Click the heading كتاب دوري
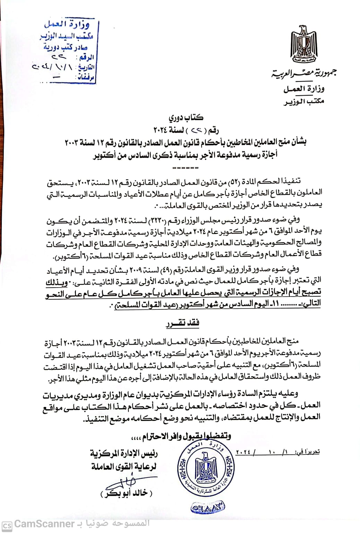click(186, 117)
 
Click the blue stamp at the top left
click(68, 51)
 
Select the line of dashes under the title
click(185, 168)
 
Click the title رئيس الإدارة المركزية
click(124, 453)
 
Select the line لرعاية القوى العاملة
click(124, 466)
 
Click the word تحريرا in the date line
click(311, 452)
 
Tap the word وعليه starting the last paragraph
click(289, 393)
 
